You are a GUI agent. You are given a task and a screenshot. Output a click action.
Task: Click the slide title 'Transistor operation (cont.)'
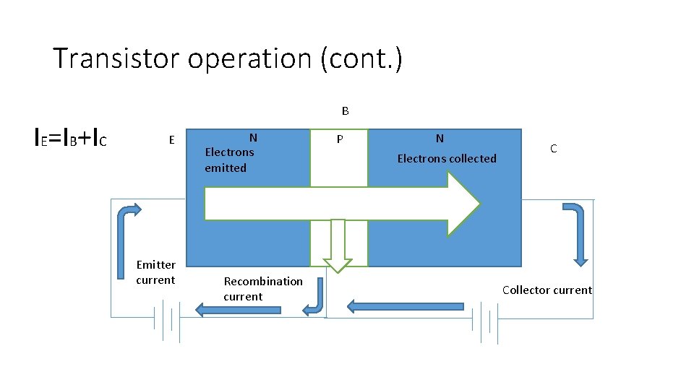coord(227,58)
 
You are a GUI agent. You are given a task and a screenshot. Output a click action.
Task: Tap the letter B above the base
coord(346,111)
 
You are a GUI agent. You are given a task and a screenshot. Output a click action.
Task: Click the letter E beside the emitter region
coord(171,140)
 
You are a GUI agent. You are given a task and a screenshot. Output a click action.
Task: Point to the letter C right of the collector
coord(553,149)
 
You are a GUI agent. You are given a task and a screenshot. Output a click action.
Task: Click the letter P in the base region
coord(339,139)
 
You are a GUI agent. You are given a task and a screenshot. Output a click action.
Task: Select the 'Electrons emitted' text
coord(229,160)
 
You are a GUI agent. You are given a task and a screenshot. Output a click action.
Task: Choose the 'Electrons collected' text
coord(447,158)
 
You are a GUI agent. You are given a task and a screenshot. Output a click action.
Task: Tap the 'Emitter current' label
coord(155,272)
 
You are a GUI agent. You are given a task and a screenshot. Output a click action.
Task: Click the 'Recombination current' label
coord(263,288)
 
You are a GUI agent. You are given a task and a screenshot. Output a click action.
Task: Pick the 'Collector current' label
coord(547,290)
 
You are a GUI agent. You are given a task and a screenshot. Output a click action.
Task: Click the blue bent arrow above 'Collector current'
coord(576,231)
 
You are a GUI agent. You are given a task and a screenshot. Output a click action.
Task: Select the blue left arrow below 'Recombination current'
coord(239,309)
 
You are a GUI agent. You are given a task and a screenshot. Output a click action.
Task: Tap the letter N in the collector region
coord(440,139)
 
